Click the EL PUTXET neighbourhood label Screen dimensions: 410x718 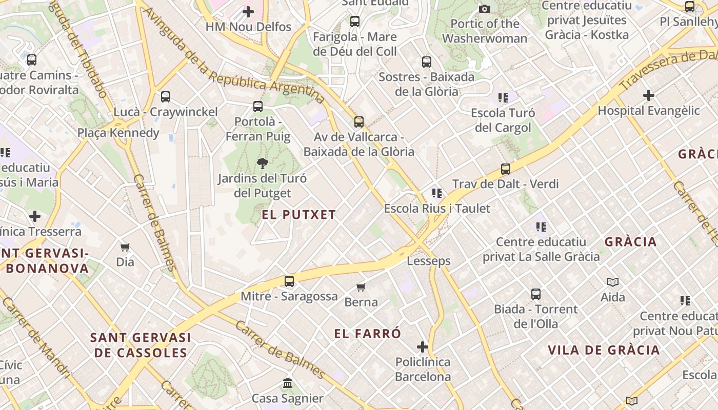tap(298, 215)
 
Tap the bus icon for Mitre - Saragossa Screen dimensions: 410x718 tap(289, 281)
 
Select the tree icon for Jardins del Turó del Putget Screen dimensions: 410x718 tap(262, 163)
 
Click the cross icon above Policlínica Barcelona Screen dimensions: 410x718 tap(423, 347)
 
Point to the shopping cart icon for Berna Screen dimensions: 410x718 tap(361, 287)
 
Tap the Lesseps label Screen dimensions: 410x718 tap(429, 261)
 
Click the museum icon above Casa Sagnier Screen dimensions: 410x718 tap(288, 383)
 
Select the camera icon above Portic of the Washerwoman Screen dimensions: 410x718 tap(484, 9)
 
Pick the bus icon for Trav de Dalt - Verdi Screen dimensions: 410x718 tap(506, 169)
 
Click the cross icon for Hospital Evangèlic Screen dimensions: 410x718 tap(648, 95)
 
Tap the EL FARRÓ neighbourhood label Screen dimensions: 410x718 tap(368, 334)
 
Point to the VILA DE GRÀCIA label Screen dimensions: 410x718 tap(604, 350)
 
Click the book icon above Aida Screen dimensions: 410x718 tap(613, 282)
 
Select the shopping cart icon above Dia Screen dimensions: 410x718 tap(125, 247)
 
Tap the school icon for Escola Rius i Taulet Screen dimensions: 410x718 tap(437, 193)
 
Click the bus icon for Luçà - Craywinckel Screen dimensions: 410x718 tap(165, 96)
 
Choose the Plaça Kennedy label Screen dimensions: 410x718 tap(118, 133)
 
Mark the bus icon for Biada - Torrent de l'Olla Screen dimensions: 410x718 tap(536, 294)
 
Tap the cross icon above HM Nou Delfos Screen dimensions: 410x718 tap(248, 11)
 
